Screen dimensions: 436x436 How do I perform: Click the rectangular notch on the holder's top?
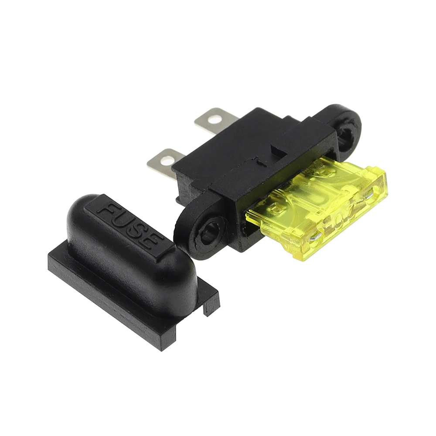click(x=277, y=150)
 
